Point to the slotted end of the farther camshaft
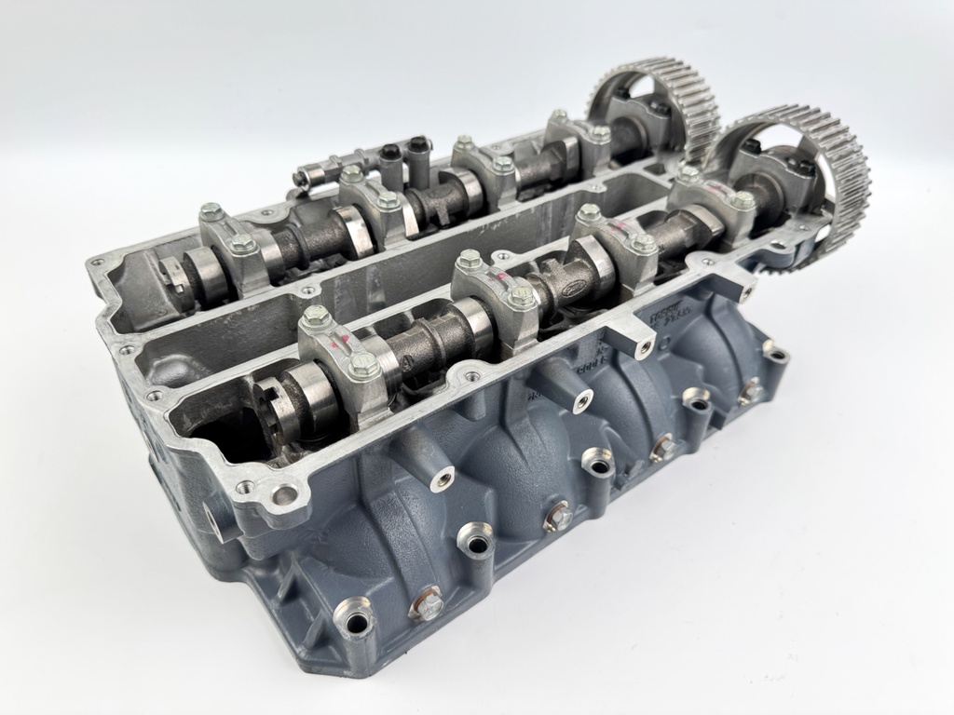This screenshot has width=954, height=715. [178, 275]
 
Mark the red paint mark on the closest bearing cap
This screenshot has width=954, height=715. [348, 338]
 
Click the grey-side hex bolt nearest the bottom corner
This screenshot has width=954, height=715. [425, 604]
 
